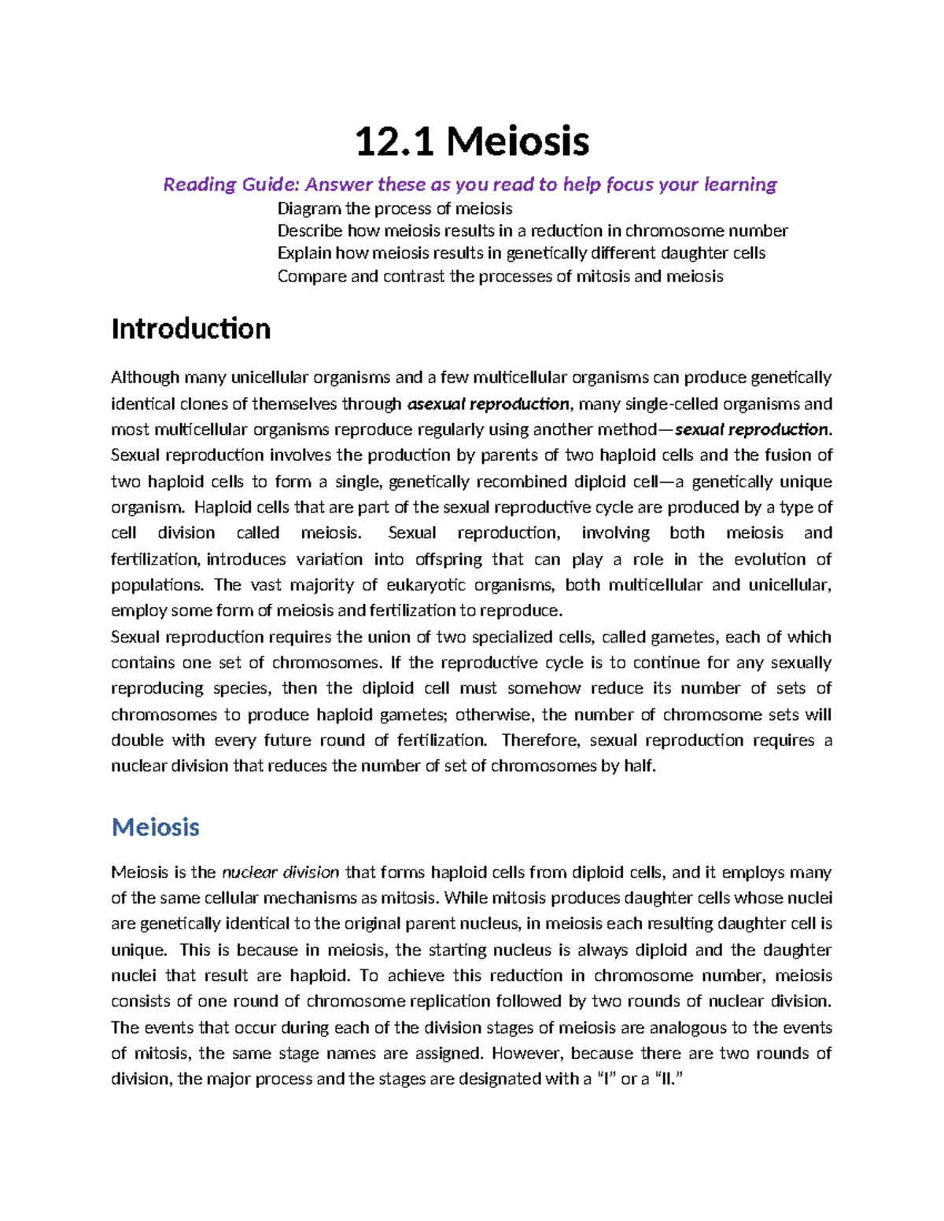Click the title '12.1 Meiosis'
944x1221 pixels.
pyautogui.click(x=471, y=142)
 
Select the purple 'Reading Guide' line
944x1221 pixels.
pyautogui.click(x=470, y=185)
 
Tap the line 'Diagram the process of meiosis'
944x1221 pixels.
pyautogui.click(x=394, y=208)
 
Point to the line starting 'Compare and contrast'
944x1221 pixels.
pyautogui.click(x=500, y=276)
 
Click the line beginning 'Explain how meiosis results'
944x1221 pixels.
pyautogui.click(x=521, y=253)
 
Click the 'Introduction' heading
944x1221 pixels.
pyautogui.click(x=190, y=329)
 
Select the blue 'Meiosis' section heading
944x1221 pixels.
pyautogui.click(x=155, y=827)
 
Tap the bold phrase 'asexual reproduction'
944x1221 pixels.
pyautogui.click(x=488, y=404)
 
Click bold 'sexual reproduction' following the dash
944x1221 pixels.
pyautogui.click(x=751, y=430)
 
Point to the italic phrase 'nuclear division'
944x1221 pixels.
pyautogui.click(x=281, y=872)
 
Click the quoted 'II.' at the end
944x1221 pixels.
pyautogui.click(x=665, y=1079)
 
